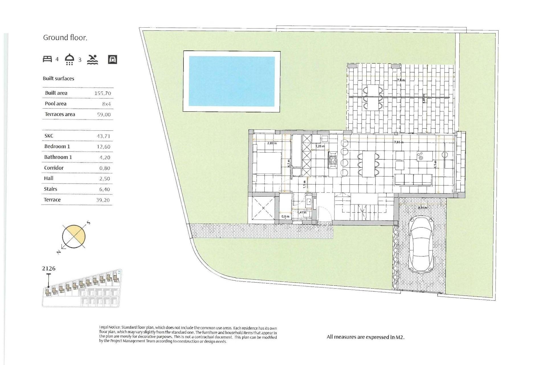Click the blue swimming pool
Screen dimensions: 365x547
pos(232,81)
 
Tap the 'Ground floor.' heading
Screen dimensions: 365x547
pos(65,38)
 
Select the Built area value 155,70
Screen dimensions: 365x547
pos(103,93)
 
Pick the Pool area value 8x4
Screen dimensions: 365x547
pos(106,104)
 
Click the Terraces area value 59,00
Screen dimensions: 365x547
pos(104,115)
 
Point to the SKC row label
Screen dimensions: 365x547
pos(49,136)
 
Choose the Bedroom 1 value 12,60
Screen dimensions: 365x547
pos(103,147)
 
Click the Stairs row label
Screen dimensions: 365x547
pos(50,189)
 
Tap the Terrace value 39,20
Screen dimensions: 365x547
pos(103,200)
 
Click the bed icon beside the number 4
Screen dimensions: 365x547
pos(47,59)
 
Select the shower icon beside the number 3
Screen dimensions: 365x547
pos(70,59)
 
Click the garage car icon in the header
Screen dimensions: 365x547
pos(113,59)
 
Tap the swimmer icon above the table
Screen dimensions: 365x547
pos(93,59)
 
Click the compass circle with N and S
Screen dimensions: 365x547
pos(74,236)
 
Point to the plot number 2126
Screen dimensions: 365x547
pos(49,269)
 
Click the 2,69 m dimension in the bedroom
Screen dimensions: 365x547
pos(272,143)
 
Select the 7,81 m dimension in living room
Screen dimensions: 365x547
pos(398,142)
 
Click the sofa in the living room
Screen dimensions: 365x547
pos(413,180)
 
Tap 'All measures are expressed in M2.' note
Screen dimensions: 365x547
pos(366,337)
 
